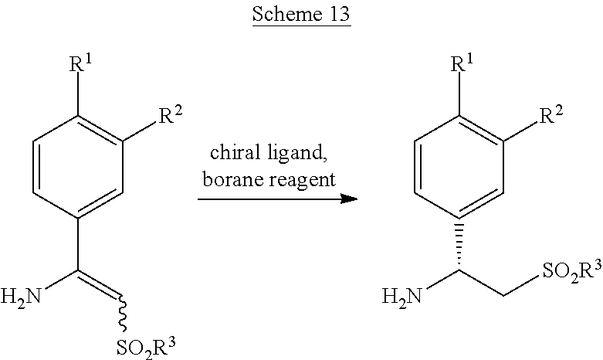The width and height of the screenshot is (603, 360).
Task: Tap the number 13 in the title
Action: point(339,14)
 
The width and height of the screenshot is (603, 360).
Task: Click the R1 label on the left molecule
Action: point(81,63)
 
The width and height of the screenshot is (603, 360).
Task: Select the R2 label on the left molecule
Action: point(171,114)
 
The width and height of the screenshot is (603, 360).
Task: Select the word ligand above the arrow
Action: point(297,154)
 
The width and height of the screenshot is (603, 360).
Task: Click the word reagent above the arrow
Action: point(302,181)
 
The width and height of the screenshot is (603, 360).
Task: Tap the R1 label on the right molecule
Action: point(462,63)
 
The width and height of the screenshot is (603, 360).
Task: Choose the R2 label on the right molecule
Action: point(551,114)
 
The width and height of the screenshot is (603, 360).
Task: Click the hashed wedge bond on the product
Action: point(459,245)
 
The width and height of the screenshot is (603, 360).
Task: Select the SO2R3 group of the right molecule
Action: point(572,270)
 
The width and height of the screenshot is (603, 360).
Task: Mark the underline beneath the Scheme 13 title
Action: point(301,25)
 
